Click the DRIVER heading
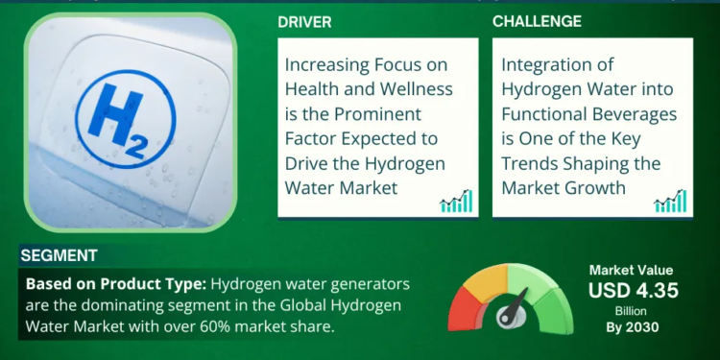(x=305, y=21)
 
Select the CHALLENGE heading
(x=537, y=21)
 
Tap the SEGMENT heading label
(x=58, y=256)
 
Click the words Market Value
(x=631, y=271)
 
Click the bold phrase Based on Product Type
(x=114, y=284)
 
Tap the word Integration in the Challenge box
(x=545, y=66)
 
